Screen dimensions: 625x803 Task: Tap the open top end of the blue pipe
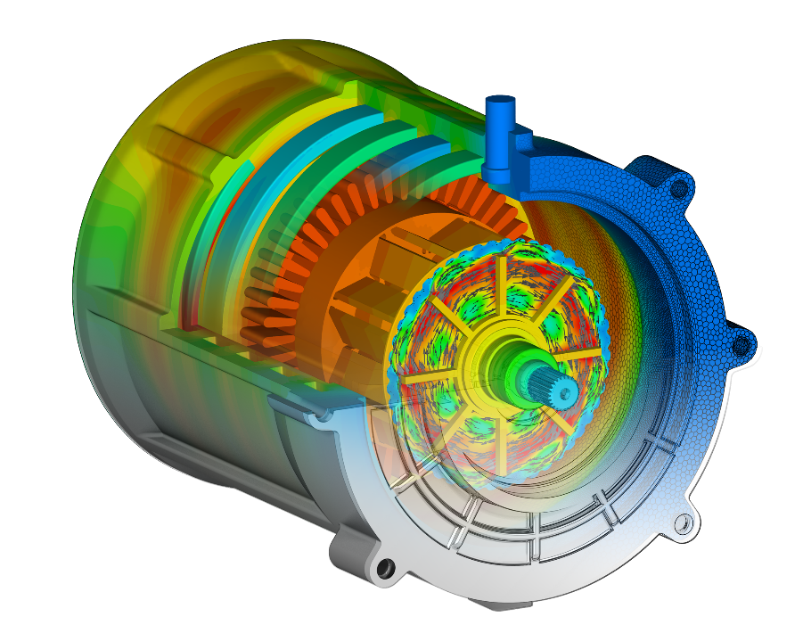click(x=500, y=100)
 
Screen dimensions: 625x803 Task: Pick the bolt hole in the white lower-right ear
click(x=683, y=524)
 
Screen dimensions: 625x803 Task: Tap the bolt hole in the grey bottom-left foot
click(x=384, y=567)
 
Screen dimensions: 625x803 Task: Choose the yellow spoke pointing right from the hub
click(x=579, y=356)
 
